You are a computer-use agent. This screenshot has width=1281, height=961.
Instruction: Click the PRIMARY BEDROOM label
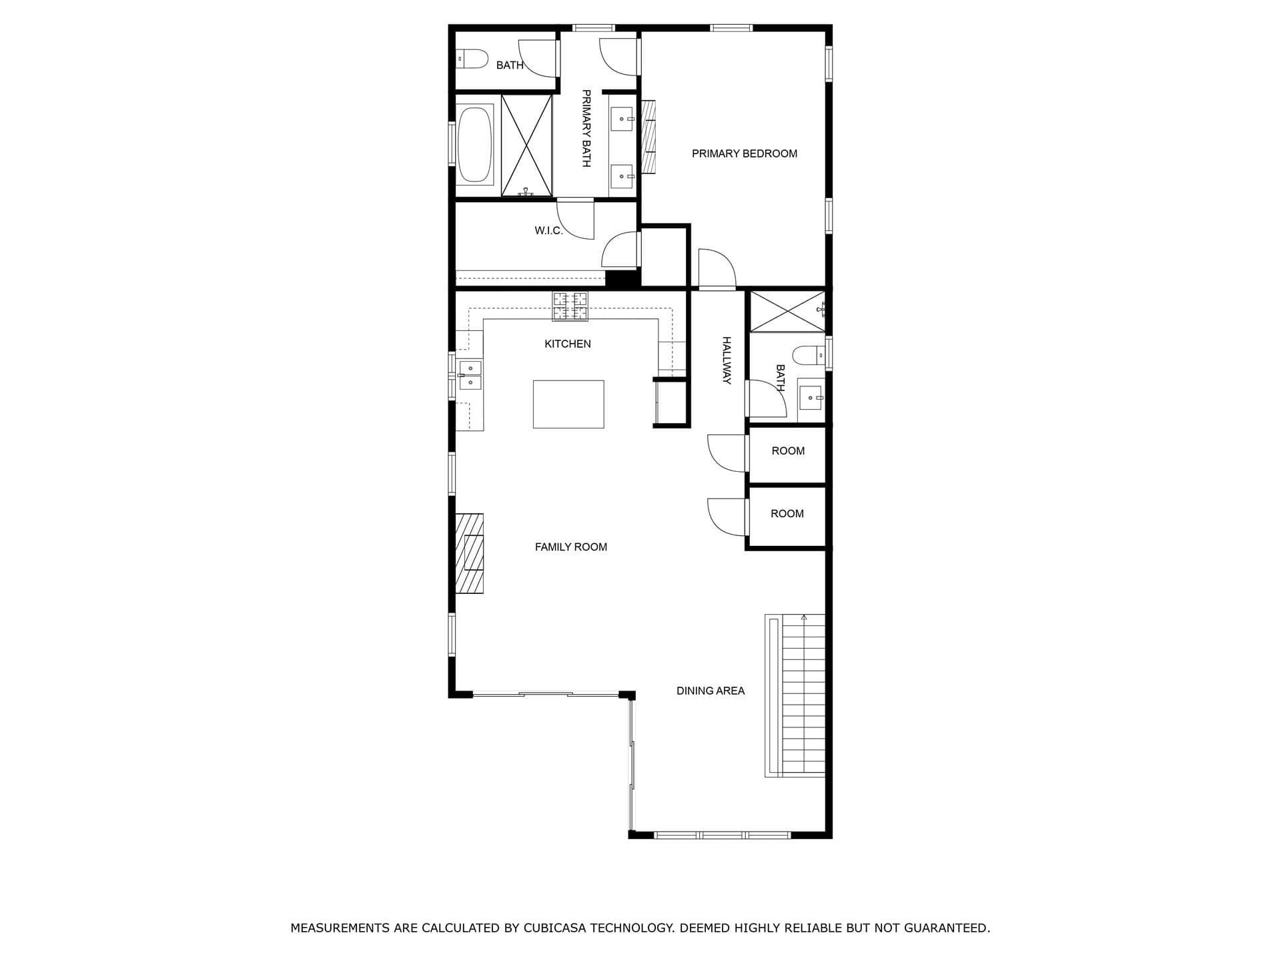pos(744,153)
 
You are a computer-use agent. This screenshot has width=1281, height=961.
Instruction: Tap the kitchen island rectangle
pos(568,404)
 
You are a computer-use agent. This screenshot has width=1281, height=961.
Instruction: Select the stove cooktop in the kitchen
pos(570,306)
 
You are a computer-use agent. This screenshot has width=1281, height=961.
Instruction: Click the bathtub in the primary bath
pos(475,144)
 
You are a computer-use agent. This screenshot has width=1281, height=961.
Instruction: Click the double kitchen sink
pos(470,375)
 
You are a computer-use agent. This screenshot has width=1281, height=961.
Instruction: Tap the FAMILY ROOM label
pos(570,547)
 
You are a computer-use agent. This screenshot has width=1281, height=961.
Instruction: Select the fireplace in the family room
pos(469,553)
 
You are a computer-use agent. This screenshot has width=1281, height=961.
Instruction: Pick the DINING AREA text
pos(710,691)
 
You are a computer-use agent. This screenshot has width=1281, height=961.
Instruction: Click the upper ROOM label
pos(788,451)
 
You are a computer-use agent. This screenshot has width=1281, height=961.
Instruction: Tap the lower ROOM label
pos(787,514)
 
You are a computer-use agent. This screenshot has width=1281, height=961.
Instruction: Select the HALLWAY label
pos(727,360)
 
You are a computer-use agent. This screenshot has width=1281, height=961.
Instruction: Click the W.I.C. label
pos(548,231)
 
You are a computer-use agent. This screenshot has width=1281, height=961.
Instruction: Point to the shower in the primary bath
pos(526,145)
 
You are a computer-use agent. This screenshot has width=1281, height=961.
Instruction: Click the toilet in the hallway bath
pos(808,355)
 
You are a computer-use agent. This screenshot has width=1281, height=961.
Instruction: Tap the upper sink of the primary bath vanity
pos(622,119)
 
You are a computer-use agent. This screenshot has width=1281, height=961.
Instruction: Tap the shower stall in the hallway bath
pos(787,311)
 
